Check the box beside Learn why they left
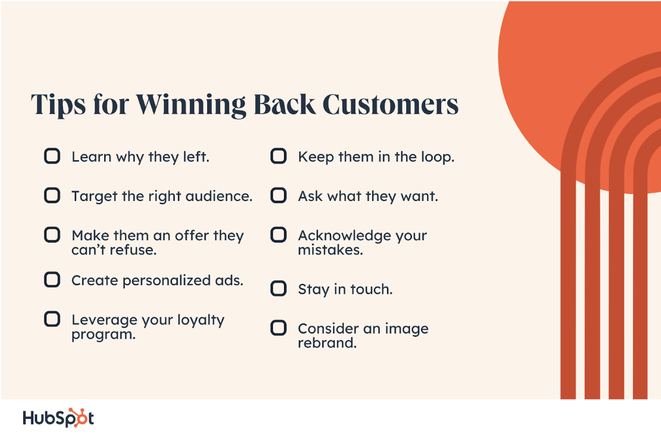52,156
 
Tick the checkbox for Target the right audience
52,195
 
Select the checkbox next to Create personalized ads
52,279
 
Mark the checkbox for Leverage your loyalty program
52,319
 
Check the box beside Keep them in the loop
279,156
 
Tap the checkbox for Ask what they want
279,195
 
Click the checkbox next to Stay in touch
279,288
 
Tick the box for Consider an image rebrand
279,328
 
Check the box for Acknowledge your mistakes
279,235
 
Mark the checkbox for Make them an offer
52,235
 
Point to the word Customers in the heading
391,104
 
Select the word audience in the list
219,196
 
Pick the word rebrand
327,343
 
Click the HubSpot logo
58,418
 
